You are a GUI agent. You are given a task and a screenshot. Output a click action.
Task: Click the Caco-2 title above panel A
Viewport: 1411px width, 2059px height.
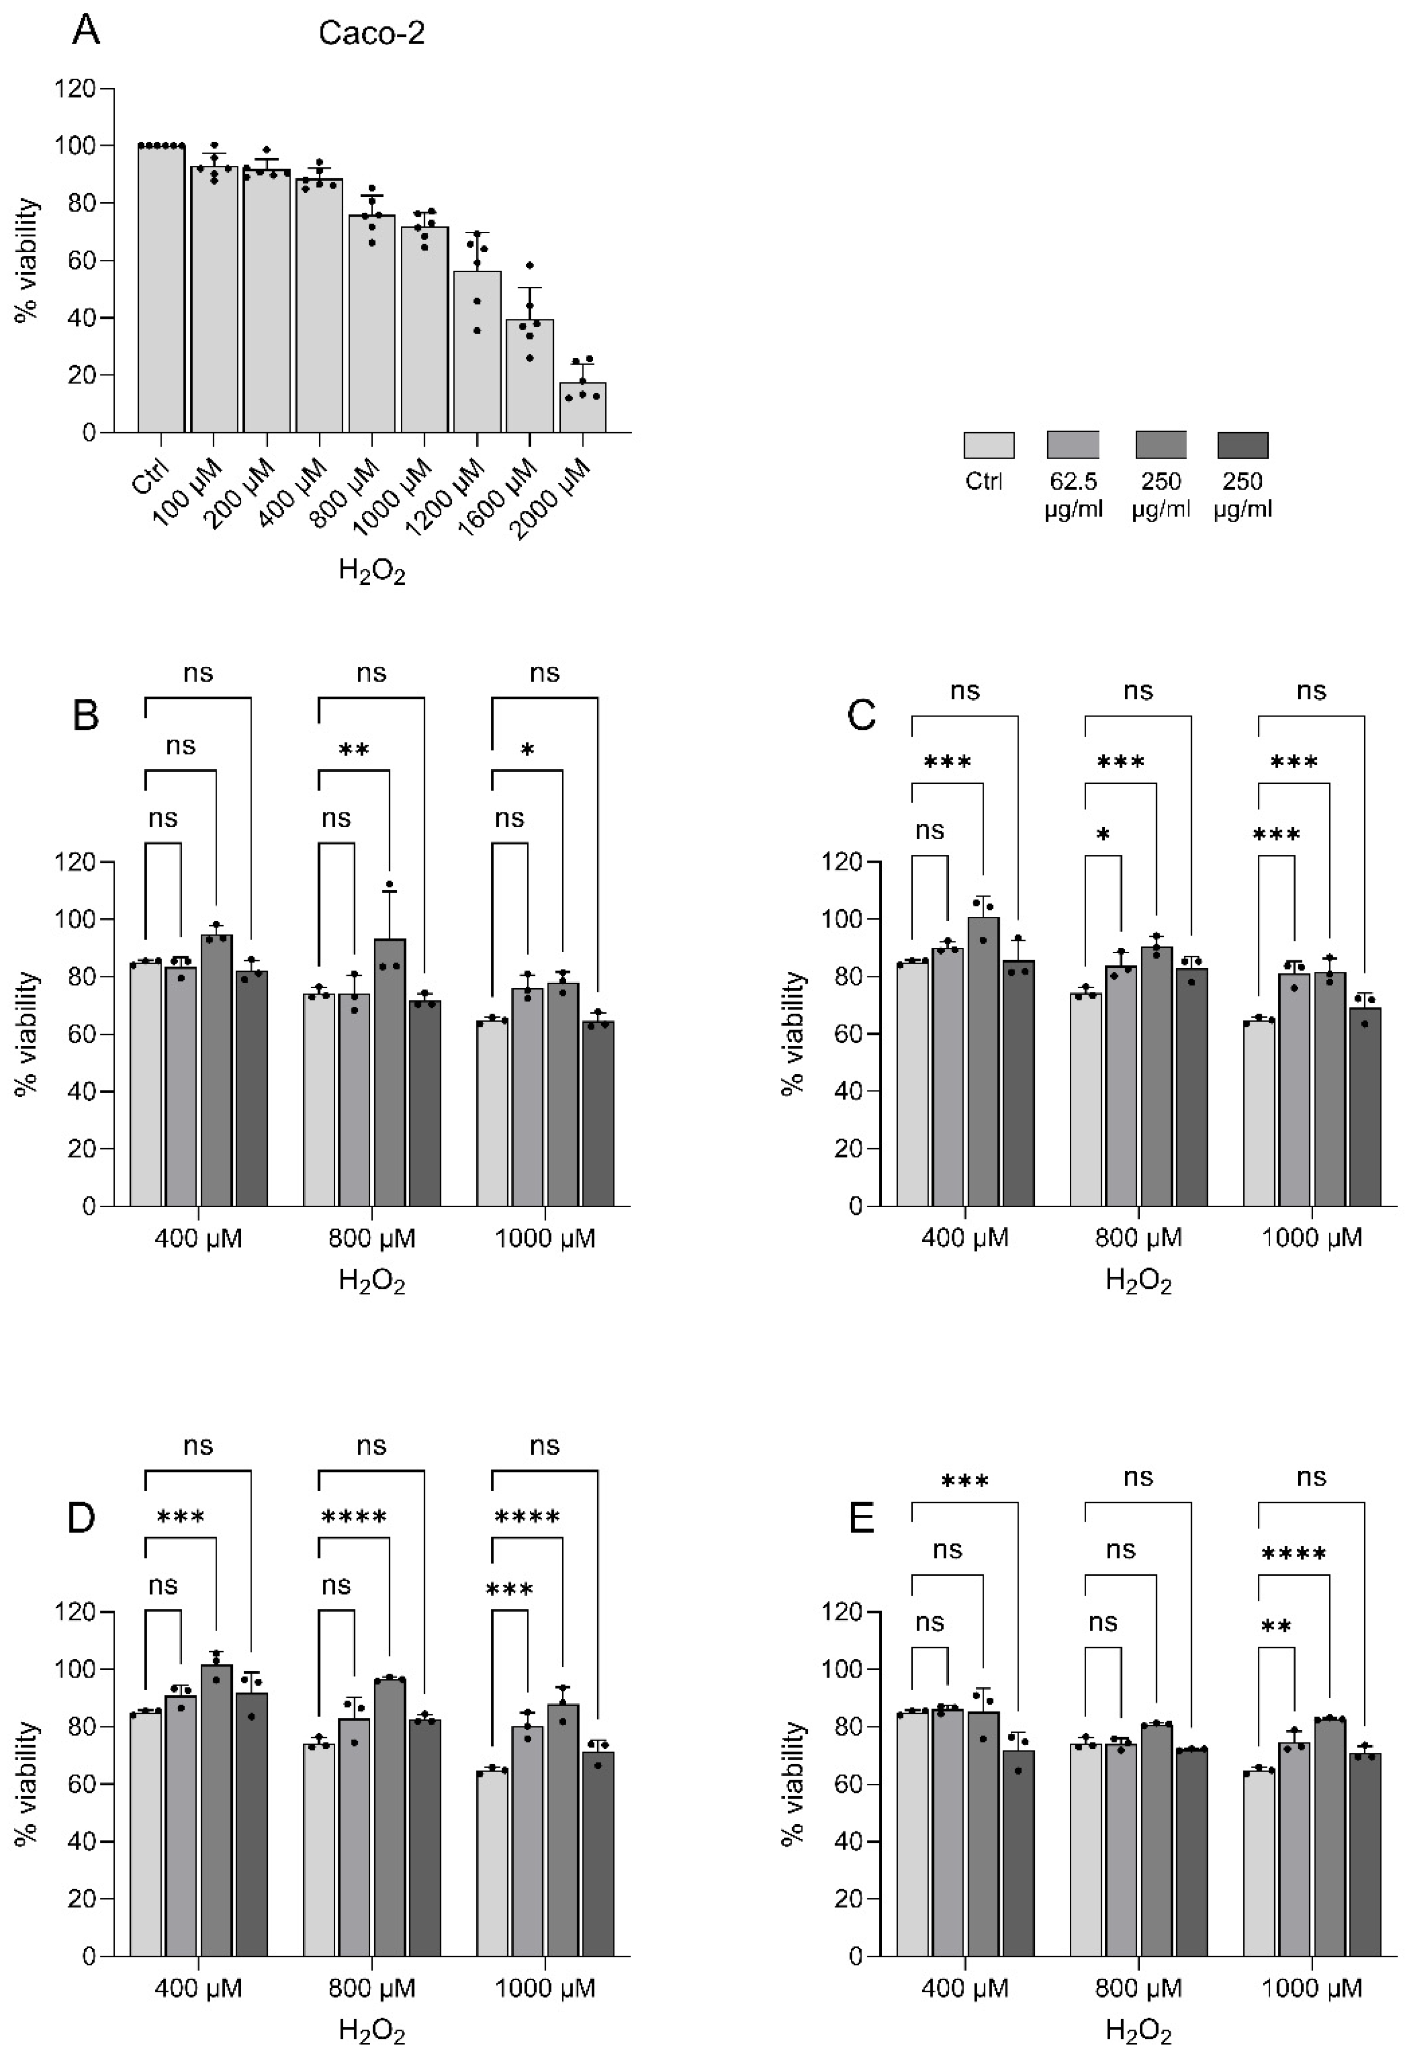[x=371, y=33]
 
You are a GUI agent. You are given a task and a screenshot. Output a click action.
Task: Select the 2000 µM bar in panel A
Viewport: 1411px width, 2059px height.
[x=582, y=407]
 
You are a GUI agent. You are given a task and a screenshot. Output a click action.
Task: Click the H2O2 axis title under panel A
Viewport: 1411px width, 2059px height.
[x=371, y=571]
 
